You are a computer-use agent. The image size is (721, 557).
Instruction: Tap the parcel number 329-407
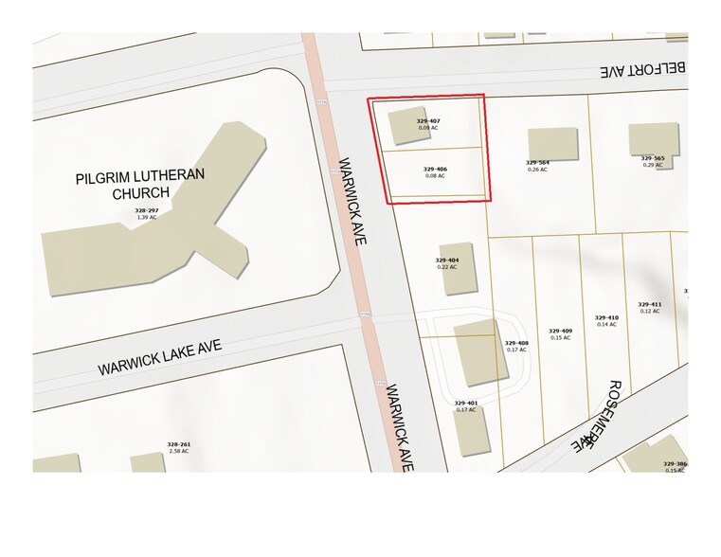pos(428,121)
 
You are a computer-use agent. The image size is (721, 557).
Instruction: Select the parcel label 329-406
pos(436,169)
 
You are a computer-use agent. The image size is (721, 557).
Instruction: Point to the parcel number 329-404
pos(447,260)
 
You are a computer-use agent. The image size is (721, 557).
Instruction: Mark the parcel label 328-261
pos(179,444)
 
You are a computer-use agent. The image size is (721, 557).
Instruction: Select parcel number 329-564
pos(537,162)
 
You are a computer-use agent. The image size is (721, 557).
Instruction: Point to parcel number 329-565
pos(653,158)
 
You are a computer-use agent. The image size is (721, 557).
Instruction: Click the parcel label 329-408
pos(516,343)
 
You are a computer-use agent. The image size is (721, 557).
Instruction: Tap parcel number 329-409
pos(561,331)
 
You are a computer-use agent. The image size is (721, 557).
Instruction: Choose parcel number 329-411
pos(650,304)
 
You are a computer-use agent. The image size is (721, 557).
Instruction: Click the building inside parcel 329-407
pos(401,128)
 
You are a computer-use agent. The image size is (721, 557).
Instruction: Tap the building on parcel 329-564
pos(552,142)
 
